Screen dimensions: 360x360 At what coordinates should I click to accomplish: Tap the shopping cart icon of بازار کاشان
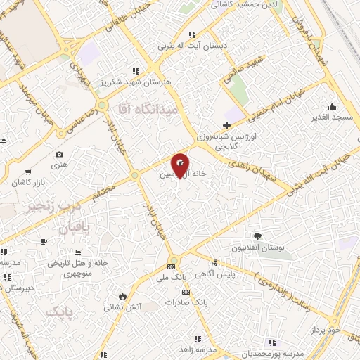[27, 172]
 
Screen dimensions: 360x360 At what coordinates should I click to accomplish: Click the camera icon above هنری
[59, 155]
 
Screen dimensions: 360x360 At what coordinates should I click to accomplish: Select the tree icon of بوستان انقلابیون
[257, 237]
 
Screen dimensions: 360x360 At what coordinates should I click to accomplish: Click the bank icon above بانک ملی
[172, 266]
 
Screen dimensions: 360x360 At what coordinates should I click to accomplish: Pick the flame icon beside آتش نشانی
[124, 296]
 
